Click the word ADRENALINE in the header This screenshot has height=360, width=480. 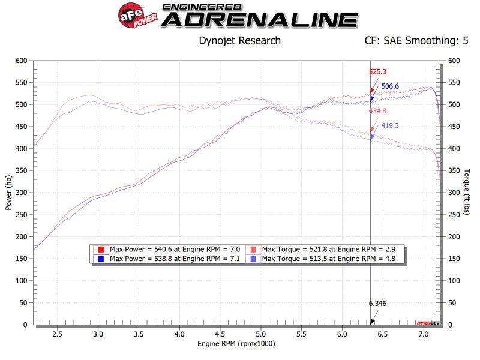[260, 20]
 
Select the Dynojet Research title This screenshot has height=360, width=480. [239, 41]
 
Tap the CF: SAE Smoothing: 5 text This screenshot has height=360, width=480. [416, 41]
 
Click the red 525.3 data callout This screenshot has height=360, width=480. [377, 72]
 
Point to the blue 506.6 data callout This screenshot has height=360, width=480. [390, 86]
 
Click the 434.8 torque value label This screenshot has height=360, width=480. [377, 111]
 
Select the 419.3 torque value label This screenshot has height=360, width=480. [390, 126]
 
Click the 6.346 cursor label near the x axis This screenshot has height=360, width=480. [377, 304]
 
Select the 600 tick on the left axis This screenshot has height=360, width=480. [22, 61]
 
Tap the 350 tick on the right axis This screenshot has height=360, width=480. [454, 170]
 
